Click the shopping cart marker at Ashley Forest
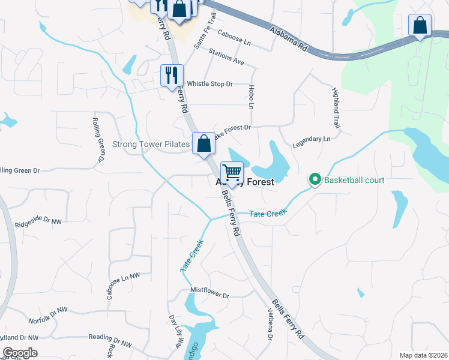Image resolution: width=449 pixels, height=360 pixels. click(232, 173)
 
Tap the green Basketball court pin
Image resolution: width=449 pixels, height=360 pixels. click(314, 179)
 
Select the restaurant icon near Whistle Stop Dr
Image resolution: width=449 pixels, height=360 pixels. click(172, 76)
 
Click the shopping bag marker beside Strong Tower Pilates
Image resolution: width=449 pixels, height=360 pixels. click(203, 143)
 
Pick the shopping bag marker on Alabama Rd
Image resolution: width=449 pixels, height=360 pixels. click(420, 26)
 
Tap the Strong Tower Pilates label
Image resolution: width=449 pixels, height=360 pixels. click(151, 145)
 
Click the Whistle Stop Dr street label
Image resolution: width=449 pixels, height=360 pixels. click(209, 84)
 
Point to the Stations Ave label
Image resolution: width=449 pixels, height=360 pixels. click(226, 58)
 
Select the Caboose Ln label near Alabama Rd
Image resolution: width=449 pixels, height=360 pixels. click(234, 39)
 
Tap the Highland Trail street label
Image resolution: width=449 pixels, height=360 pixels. click(336, 103)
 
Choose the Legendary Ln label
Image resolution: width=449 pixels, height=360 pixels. click(311, 142)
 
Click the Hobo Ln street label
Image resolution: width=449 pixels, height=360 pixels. click(251, 96)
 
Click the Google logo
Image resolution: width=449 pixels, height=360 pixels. click(20, 352)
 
